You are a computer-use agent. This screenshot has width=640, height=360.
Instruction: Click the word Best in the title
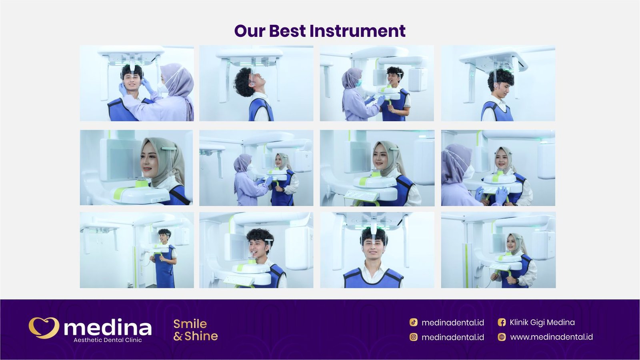tap(287, 31)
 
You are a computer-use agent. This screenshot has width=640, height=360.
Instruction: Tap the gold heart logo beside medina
tap(44, 328)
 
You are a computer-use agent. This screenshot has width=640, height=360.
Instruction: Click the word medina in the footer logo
tap(108, 328)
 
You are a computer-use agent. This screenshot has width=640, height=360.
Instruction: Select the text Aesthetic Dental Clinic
tap(108, 340)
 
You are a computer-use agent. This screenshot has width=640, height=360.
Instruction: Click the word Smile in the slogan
tap(190, 324)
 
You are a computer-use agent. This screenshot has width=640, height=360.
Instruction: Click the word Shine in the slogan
tap(201, 336)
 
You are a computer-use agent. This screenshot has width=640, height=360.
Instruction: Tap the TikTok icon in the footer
tap(414, 322)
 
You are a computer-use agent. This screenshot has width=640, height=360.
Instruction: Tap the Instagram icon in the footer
tap(414, 337)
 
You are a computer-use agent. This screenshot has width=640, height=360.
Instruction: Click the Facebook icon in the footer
tap(502, 322)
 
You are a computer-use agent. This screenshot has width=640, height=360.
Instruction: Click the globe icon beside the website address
tap(502, 337)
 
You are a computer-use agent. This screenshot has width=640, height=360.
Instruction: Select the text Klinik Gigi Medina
tap(542, 322)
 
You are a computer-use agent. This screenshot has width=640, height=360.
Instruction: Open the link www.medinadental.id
tap(551, 337)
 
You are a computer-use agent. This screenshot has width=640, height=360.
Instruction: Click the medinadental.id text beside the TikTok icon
tap(452, 322)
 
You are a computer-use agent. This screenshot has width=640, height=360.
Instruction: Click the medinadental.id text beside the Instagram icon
tap(452, 337)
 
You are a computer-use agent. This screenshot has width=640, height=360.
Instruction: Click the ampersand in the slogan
tap(178, 336)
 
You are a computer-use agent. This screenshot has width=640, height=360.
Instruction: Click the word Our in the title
tap(250, 31)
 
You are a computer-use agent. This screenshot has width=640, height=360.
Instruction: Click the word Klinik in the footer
tap(519, 322)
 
